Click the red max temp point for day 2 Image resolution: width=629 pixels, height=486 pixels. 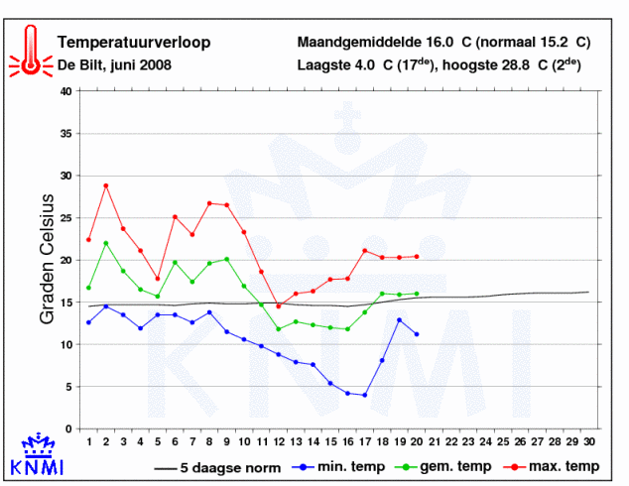pos(106,185)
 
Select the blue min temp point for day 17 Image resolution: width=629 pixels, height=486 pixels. pos(365,395)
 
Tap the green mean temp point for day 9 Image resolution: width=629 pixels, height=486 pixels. pos(226,259)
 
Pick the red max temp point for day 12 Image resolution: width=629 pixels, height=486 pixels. pos(279,306)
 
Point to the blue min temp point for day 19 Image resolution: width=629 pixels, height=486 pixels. pos(399,320)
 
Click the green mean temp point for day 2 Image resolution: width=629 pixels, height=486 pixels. pos(106,243)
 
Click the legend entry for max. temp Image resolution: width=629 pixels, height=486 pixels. pos(552,467)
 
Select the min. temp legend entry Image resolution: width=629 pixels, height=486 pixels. pos(338,467)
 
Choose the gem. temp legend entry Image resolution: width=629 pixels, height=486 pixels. pos(443,467)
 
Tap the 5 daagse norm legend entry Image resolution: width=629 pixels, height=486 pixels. pos(217,468)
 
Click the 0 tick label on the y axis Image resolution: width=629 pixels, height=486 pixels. pos(69,429)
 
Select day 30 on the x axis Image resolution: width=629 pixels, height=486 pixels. pos(589,442)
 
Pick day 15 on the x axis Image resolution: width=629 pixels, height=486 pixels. pos(330,442)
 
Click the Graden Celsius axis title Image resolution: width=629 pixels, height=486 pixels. pos(47,259)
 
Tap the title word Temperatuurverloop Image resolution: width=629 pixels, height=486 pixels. pos(134,42)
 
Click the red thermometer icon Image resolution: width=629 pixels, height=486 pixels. pos(31,51)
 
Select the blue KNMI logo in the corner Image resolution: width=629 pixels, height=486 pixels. pos(37,453)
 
